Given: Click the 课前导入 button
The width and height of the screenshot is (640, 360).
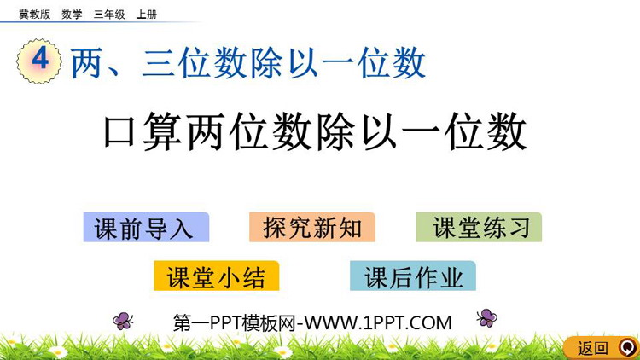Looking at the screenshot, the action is click(146, 228).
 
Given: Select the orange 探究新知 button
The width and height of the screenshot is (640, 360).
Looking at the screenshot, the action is click(312, 228).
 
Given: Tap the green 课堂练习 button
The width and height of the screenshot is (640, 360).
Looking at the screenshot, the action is click(479, 228).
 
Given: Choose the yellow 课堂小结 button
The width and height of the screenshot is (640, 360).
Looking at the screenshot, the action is click(217, 276).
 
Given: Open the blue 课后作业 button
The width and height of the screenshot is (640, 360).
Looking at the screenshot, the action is click(413, 276).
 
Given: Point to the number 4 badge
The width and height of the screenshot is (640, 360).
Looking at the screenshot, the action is click(39, 61).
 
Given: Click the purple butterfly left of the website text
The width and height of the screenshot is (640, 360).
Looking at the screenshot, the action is click(123, 321).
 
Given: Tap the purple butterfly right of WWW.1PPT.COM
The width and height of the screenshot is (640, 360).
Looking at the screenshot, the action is click(486, 317).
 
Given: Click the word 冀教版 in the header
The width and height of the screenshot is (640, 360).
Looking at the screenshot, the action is click(35, 15).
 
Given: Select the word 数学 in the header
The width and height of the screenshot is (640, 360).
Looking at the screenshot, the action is click(72, 15).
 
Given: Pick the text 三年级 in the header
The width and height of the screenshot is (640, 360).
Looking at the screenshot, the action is click(109, 15).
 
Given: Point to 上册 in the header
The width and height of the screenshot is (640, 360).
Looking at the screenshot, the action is click(147, 15).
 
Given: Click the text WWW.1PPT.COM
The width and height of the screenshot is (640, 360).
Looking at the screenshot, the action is click(378, 322).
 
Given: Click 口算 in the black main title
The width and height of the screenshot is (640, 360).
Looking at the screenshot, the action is click(143, 131).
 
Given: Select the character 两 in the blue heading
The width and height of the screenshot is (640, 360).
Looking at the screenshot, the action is click(87, 62).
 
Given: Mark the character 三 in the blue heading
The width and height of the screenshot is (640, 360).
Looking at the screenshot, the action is click(159, 62).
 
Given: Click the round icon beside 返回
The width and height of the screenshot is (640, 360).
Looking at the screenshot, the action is click(628, 348).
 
